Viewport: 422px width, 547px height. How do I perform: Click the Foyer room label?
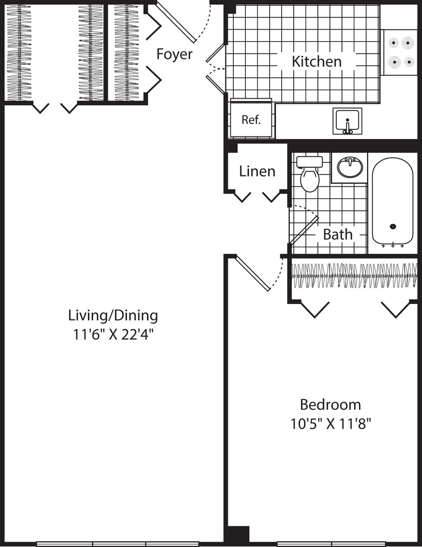(x=174, y=54)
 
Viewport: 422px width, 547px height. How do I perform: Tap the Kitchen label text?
(x=317, y=62)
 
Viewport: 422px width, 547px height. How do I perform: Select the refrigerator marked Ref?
(x=251, y=120)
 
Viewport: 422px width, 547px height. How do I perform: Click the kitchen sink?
(x=347, y=121)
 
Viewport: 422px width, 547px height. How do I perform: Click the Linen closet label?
(x=257, y=171)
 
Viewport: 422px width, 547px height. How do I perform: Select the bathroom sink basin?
(x=350, y=167)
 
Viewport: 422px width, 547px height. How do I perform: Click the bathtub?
(x=393, y=201)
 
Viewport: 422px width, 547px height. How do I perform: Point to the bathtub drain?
(x=393, y=226)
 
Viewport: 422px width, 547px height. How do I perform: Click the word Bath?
(x=338, y=235)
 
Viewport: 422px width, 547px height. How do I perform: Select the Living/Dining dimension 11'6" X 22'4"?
(x=113, y=334)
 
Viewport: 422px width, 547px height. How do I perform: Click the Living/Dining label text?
(x=113, y=315)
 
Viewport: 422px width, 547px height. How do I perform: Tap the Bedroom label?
(x=330, y=404)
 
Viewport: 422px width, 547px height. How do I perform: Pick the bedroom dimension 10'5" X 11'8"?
(x=330, y=424)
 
